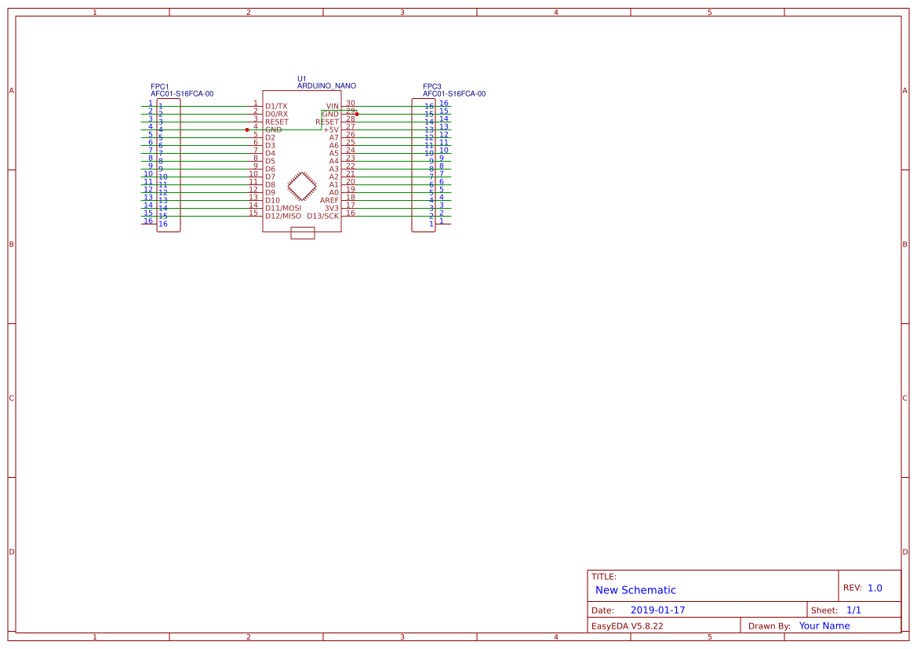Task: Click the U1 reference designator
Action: click(x=302, y=78)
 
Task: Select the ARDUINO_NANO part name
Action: click(x=326, y=86)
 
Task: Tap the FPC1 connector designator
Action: click(x=159, y=86)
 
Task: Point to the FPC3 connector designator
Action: click(x=431, y=86)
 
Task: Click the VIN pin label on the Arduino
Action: click(x=332, y=106)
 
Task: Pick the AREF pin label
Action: click(x=329, y=200)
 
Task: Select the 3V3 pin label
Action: click(x=331, y=208)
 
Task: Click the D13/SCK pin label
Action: click(x=322, y=216)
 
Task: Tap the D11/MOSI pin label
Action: click(x=282, y=208)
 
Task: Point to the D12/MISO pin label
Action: click(x=282, y=216)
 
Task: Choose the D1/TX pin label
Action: click(x=276, y=106)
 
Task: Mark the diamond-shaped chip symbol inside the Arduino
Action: click(x=302, y=187)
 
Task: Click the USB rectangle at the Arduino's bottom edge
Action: click(x=302, y=233)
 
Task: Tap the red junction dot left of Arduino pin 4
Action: click(x=247, y=129)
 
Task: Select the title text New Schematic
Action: click(x=635, y=590)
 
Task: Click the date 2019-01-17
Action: click(x=657, y=610)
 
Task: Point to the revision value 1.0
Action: click(x=875, y=588)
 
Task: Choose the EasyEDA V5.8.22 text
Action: click(x=627, y=626)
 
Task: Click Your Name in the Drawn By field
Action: click(x=824, y=626)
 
